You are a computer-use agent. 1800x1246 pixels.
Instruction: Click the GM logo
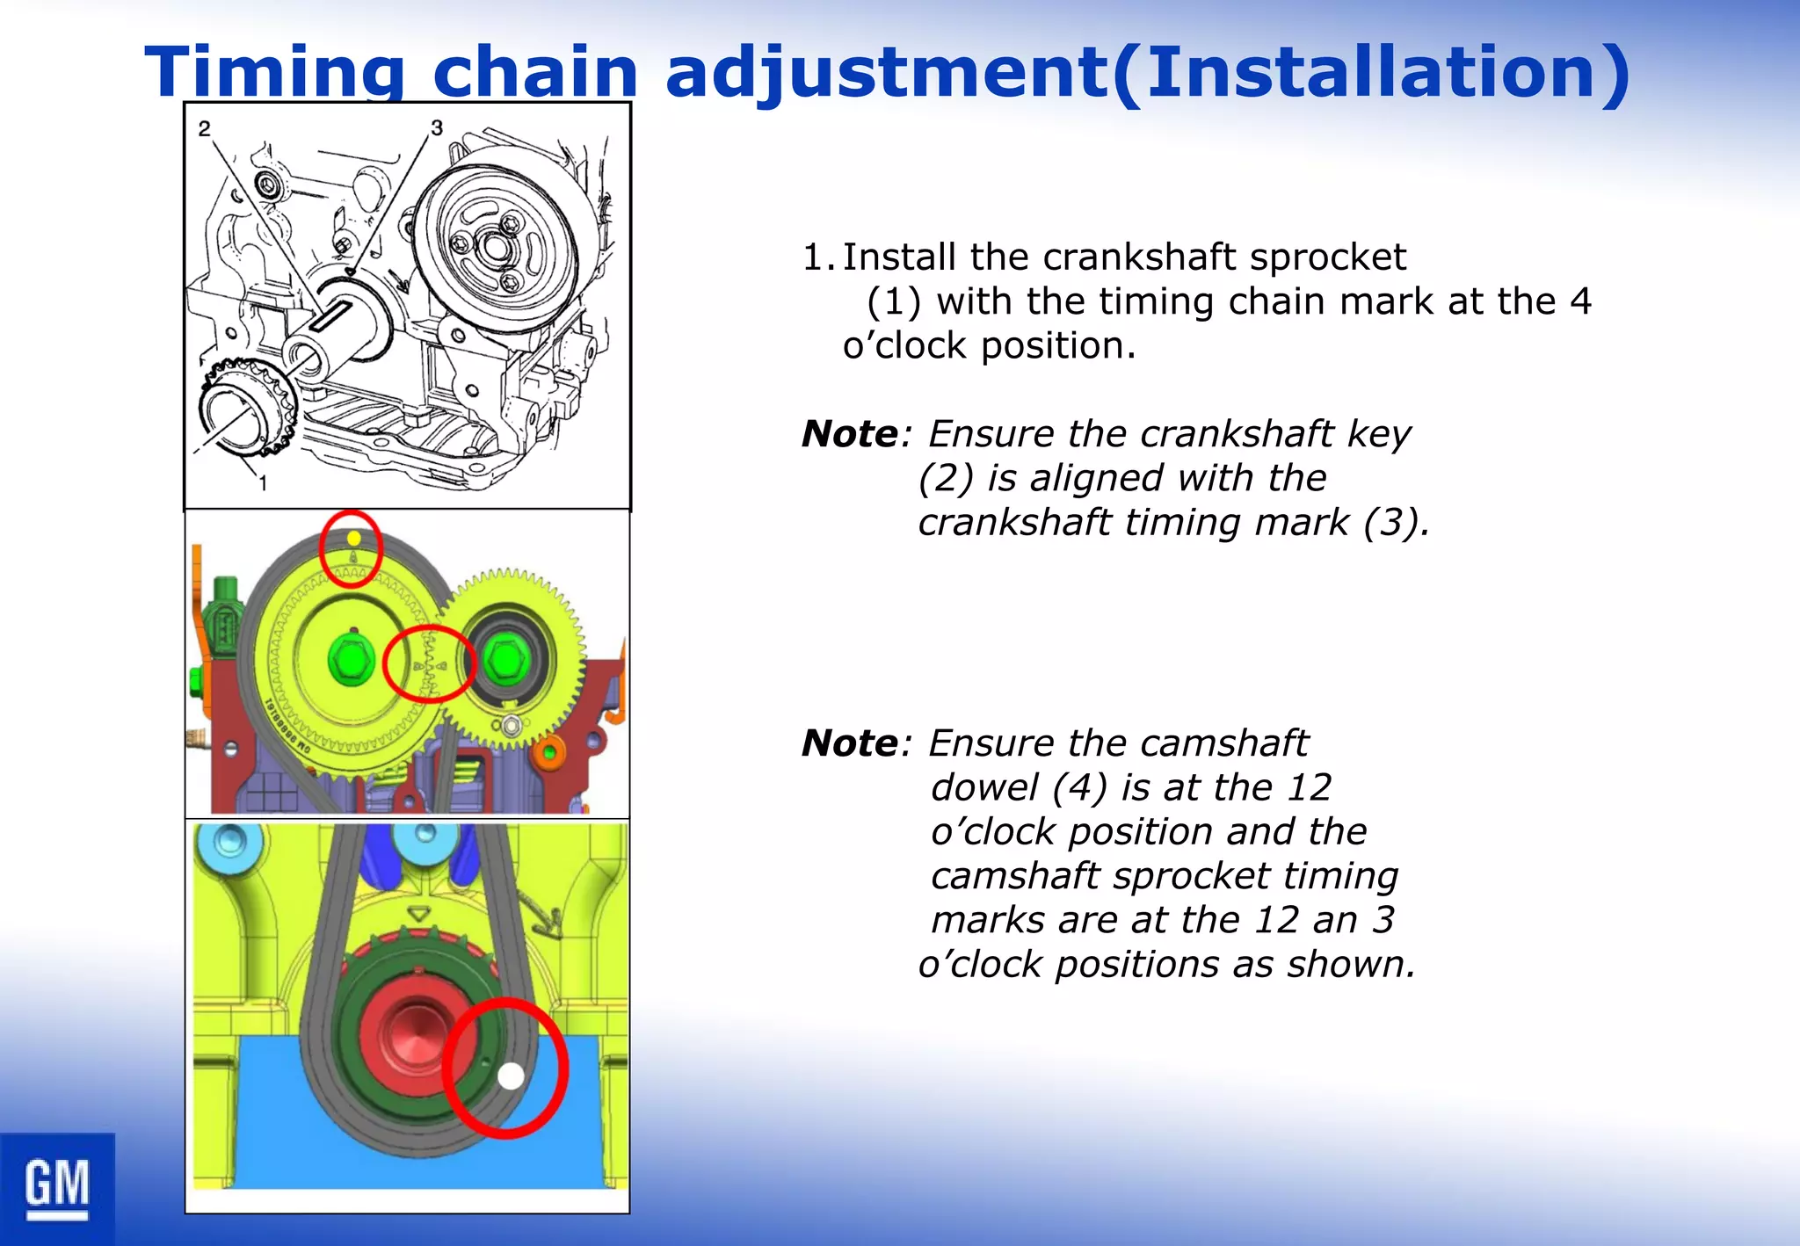57,1187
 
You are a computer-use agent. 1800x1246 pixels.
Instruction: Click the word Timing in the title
275,72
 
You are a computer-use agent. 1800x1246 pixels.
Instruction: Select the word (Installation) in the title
1371,72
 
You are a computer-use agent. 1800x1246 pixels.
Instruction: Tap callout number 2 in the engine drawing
205,129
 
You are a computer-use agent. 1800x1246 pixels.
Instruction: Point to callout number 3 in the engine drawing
437,128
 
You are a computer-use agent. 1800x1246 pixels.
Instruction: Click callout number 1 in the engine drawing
262,482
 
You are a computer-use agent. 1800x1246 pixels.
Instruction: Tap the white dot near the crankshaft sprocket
511,1076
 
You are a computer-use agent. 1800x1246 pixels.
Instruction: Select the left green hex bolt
351,660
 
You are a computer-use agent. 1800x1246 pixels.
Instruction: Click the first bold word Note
850,434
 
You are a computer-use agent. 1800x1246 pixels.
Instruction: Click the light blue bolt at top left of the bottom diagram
229,842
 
